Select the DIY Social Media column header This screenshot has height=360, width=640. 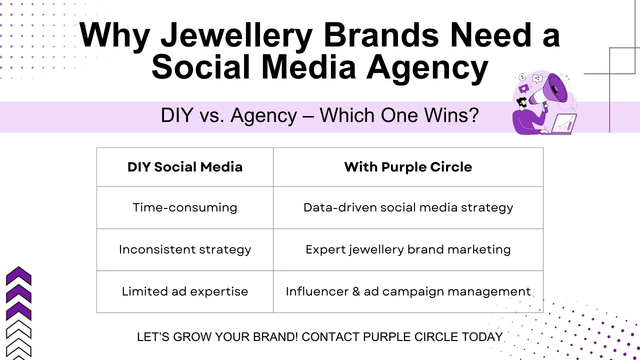coord(185,167)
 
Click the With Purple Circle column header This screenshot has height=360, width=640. coord(408,167)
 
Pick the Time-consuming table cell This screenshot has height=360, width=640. coord(185,207)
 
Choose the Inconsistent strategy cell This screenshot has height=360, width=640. coord(185,249)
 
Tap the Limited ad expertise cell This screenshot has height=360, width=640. coord(185,291)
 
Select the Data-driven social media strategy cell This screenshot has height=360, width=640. coord(408,207)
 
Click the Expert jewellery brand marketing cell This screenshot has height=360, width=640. coord(408,249)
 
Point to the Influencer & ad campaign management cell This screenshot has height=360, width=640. coord(408,291)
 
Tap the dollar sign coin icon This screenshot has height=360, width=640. coord(522,77)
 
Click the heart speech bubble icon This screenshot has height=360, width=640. coord(524,88)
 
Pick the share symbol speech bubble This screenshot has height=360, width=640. coord(537,78)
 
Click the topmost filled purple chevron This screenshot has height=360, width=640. coord(18,276)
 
